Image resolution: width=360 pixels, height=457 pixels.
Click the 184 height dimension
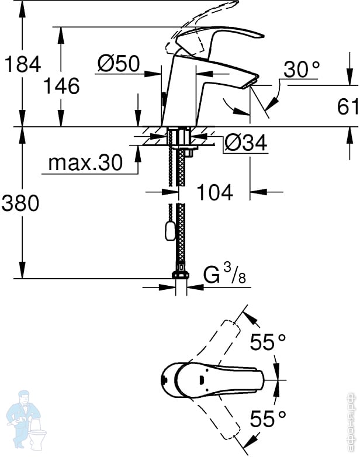[x=23, y=64]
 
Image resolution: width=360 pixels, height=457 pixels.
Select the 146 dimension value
[x=61, y=86]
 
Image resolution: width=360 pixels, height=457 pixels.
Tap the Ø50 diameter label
[x=119, y=63]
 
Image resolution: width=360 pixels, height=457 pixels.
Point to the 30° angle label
[x=302, y=69]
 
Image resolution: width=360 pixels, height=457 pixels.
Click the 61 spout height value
[x=348, y=106]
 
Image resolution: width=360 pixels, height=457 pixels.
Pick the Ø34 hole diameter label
[x=245, y=143]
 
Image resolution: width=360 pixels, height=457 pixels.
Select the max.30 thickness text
[x=85, y=162]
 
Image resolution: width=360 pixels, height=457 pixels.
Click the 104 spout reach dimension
[x=215, y=192]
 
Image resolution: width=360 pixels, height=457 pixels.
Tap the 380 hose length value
[x=20, y=203]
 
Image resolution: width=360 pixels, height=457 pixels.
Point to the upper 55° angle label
[x=268, y=342]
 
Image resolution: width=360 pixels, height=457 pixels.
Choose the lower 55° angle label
[x=268, y=418]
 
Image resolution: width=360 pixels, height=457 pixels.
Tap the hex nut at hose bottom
[x=181, y=275]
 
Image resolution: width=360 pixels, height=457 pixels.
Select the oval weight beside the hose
[x=170, y=231]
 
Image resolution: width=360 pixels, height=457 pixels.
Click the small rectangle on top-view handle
[x=202, y=380]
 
